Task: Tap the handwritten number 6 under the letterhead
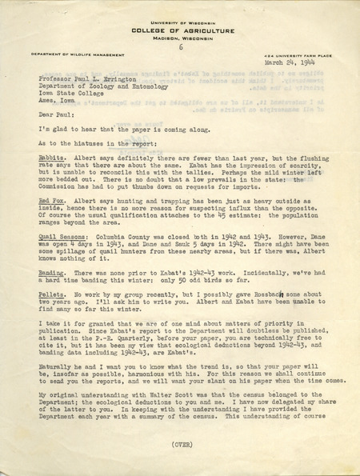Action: pos(182,46)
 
